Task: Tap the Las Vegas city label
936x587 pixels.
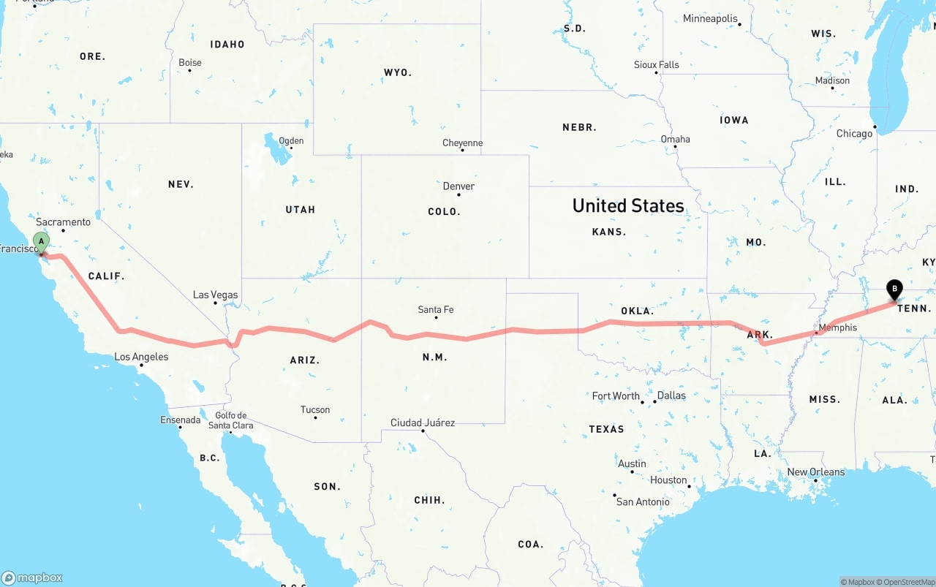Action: coord(216,295)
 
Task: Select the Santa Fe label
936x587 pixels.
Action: coord(435,309)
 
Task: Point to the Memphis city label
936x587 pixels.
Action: coord(838,327)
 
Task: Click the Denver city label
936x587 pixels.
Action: coord(458,186)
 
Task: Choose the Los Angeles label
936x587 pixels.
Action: coord(141,357)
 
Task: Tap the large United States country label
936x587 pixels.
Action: coord(628,205)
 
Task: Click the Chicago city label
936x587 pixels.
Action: coord(854,134)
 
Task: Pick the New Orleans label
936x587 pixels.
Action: coord(815,472)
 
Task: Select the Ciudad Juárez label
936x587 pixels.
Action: coord(423,423)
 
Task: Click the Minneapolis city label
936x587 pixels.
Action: coord(710,18)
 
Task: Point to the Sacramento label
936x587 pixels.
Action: coord(64,221)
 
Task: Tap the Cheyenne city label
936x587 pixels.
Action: coord(462,143)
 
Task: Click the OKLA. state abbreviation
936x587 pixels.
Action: coord(637,311)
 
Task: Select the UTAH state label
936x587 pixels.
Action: coord(300,210)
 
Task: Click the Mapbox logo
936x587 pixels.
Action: coord(32,577)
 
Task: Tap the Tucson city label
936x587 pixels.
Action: coord(315,409)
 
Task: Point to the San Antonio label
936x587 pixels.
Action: coord(643,501)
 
